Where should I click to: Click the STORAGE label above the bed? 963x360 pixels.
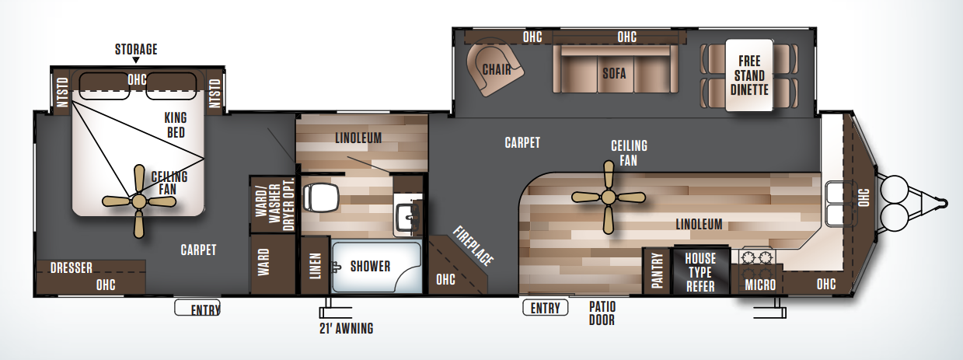[136, 50]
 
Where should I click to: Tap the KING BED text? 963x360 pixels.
[176, 125]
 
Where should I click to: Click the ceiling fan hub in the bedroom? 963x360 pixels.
[139, 201]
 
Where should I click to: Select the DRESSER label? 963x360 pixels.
[72, 268]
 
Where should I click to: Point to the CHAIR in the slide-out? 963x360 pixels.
[495, 69]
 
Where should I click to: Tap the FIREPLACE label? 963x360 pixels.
[473, 246]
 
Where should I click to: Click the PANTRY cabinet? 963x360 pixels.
[657, 271]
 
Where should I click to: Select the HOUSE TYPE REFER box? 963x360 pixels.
[700, 271]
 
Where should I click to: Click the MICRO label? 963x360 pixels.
[759, 285]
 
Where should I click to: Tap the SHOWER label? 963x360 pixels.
[370, 267]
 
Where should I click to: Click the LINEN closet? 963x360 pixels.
[315, 267]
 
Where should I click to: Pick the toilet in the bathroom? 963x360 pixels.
[319, 197]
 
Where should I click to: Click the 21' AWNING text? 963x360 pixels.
[347, 328]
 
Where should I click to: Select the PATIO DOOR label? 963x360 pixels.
[602, 313]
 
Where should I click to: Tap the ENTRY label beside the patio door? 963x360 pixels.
[545, 308]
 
